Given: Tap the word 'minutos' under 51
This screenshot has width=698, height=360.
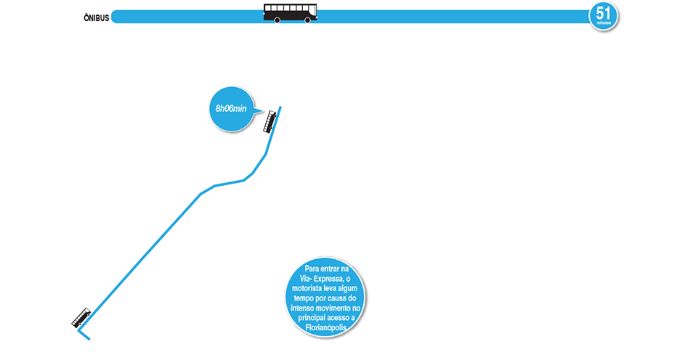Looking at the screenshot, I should (604, 24).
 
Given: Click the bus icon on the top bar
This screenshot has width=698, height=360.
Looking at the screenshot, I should (290, 12).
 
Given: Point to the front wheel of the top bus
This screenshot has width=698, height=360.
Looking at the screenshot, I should (307, 20).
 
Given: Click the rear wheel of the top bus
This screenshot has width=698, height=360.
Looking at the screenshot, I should (277, 20).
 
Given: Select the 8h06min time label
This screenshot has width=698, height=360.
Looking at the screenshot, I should (231, 108).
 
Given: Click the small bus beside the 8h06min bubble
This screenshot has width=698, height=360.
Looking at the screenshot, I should (270, 120).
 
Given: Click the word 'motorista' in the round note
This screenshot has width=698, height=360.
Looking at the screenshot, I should (311, 288).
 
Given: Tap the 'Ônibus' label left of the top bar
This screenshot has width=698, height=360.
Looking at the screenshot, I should (96, 17).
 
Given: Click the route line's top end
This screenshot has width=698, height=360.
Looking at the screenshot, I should (280, 107).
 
